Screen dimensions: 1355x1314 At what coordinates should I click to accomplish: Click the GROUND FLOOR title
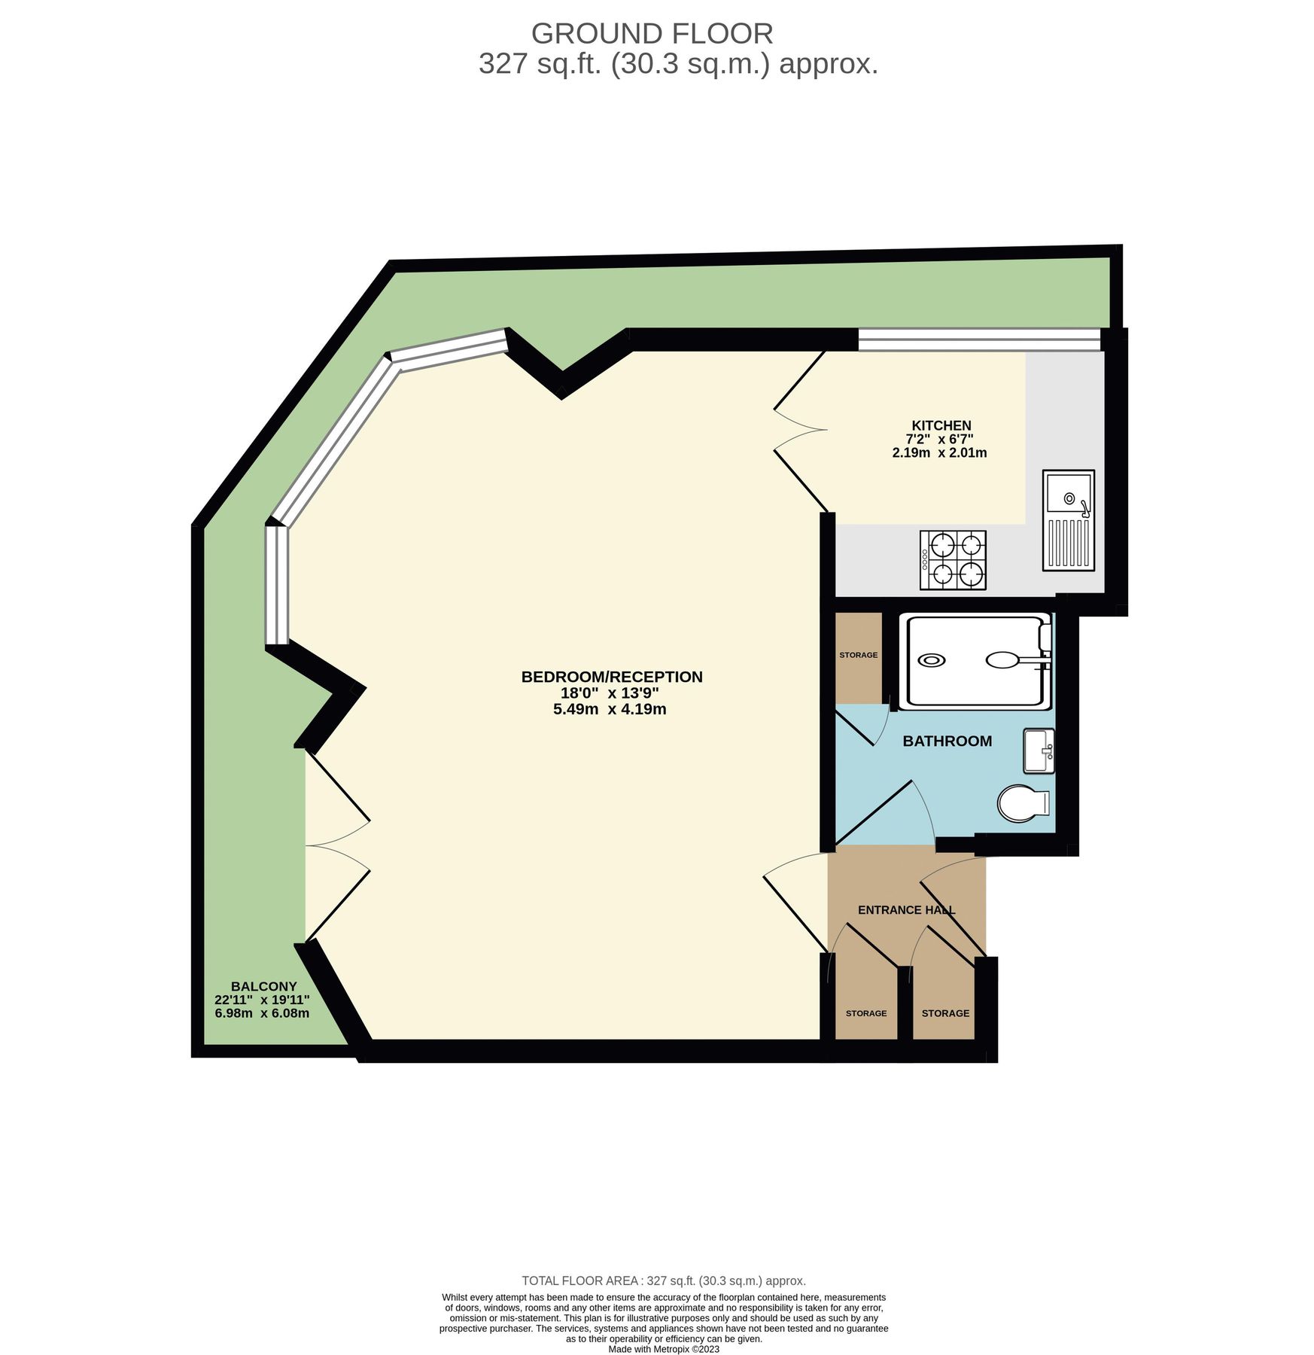pyautogui.click(x=652, y=34)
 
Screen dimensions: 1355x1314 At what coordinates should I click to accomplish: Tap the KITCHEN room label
pyautogui.click(x=941, y=425)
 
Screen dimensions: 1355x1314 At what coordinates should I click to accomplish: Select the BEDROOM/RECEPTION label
pyautogui.click(x=611, y=677)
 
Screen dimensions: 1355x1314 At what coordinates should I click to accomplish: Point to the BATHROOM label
pyautogui.click(x=947, y=741)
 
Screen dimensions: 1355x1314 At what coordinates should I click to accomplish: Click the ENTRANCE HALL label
pyautogui.click(x=906, y=910)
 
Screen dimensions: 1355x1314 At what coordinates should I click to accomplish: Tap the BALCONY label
pyautogui.click(x=263, y=986)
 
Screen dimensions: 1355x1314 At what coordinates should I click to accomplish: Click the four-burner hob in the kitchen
pyautogui.click(x=953, y=560)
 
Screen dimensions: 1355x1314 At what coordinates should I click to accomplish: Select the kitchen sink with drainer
pyautogui.click(x=1068, y=519)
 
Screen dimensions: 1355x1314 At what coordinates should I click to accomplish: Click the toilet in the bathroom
pyautogui.click(x=1024, y=804)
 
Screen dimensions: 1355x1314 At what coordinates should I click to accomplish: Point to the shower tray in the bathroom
pyautogui.click(x=975, y=661)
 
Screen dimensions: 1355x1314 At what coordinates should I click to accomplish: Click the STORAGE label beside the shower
pyautogui.click(x=858, y=655)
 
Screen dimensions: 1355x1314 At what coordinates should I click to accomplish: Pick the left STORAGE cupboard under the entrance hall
pyautogui.click(x=865, y=1013)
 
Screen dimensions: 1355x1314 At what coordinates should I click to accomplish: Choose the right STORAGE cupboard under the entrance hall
pyautogui.click(x=945, y=1013)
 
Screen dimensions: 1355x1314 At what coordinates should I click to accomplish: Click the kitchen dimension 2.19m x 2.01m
pyautogui.click(x=939, y=453)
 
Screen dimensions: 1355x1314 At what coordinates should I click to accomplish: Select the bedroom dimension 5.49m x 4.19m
pyautogui.click(x=610, y=709)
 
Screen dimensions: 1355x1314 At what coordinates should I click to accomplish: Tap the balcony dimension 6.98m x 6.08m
pyautogui.click(x=262, y=1013)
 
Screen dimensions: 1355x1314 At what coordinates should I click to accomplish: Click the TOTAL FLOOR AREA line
pyautogui.click(x=664, y=1280)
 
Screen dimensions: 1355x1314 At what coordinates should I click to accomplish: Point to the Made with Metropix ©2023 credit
pyautogui.click(x=664, y=1349)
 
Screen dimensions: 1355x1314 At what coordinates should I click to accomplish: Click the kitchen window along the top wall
pyautogui.click(x=978, y=340)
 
